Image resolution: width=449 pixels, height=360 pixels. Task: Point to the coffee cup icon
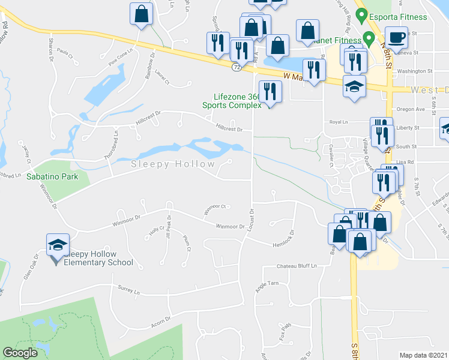(396, 37)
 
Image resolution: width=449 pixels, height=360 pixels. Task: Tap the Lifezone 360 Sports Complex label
(238, 101)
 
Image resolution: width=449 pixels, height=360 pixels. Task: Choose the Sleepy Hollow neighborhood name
(173, 164)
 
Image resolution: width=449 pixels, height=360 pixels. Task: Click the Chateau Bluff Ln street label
(296, 266)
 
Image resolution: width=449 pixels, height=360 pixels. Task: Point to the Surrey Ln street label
(128, 290)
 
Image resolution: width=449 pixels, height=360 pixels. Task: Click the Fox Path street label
(285, 329)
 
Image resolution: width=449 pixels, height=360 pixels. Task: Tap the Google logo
(20, 353)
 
